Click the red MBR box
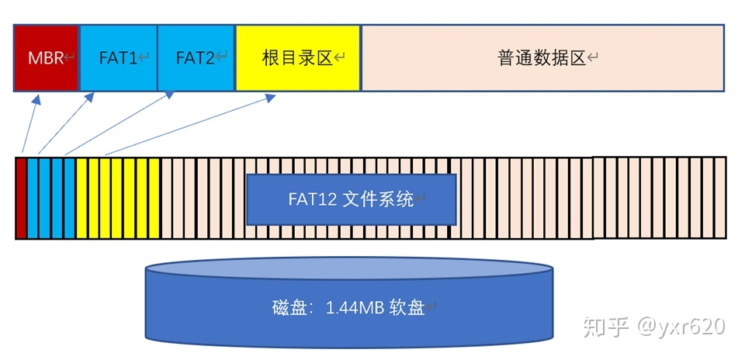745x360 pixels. pos(47,58)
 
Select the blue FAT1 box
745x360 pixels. pos(119,58)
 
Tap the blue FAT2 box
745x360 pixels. pos(196,58)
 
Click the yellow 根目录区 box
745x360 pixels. pos(298,58)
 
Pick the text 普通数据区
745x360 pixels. pos(542,58)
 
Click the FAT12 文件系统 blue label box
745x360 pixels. pos(351,199)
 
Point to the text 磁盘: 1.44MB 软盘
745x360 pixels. pos(349,307)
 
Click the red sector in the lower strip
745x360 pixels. pos(21,198)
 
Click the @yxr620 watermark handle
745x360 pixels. pos(680,327)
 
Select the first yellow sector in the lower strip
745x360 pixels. pos(81,198)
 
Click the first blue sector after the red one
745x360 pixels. pos(33,198)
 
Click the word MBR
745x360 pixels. pos(45,58)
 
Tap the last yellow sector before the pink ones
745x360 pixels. pos(154,198)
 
